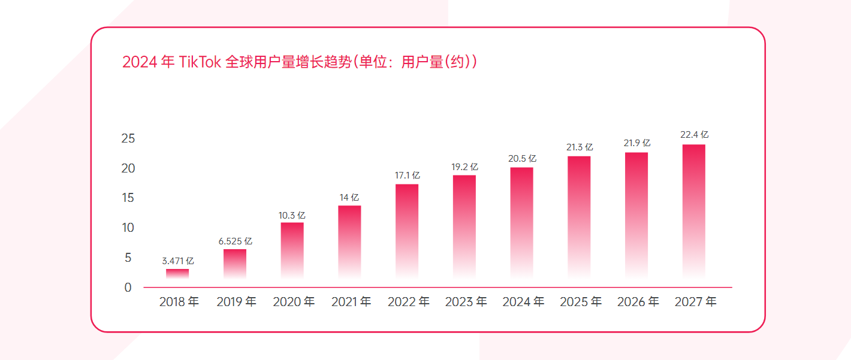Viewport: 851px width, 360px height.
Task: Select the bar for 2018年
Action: [177, 274]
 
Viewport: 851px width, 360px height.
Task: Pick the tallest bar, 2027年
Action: [693, 211]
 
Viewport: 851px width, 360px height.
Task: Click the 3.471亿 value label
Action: [178, 261]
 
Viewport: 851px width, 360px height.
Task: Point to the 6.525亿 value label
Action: [236, 241]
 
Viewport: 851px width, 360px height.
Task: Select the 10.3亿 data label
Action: [293, 215]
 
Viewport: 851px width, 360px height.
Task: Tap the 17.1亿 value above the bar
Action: [408, 176]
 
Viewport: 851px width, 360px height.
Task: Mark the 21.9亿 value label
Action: [637, 144]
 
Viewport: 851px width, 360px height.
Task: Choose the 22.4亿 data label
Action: [694, 135]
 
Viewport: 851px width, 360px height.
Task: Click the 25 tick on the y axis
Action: [128, 139]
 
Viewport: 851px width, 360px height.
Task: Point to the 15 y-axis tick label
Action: [128, 198]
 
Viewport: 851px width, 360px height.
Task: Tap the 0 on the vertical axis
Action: [128, 288]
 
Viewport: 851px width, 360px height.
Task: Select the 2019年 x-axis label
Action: [236, 302]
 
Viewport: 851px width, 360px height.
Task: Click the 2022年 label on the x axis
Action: [408, 302]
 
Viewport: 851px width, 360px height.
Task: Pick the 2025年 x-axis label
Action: [580, 302]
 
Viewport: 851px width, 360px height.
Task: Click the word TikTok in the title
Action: [200, 62]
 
